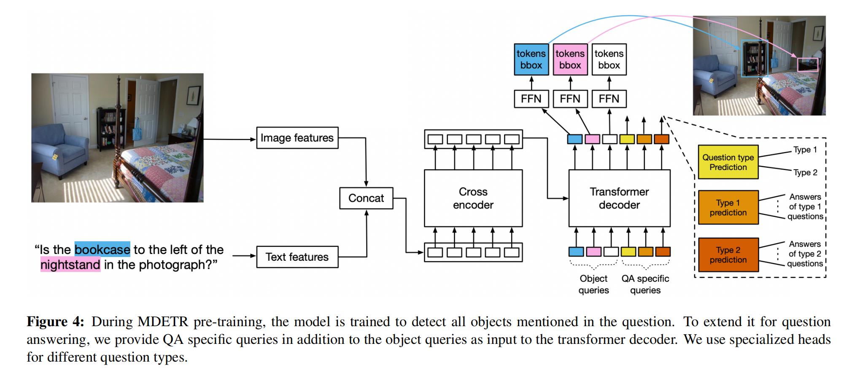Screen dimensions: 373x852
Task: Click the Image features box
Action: pos(297,138)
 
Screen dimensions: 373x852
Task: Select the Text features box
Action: pos(297,257)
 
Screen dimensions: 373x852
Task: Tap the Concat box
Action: pos(366,198)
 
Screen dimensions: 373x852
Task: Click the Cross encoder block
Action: pos(473,198)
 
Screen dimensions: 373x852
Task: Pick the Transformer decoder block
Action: pos(619,198)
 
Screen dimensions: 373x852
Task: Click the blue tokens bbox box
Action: pos(531,59)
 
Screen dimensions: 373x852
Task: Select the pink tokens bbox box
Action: pos(570,59)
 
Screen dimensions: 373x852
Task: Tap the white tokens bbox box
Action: pos(609,59)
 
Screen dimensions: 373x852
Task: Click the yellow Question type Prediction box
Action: pos(728,162)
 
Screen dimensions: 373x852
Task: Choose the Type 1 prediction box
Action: pos(728,208)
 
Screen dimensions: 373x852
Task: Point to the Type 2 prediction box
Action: pos(728,255)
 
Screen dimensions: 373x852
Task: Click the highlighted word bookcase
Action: pos(102,249)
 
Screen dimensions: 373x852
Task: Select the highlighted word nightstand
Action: pos(70,265)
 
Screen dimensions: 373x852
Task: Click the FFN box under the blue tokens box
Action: pos(531,99)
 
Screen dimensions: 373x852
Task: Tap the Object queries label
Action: pos(593,284)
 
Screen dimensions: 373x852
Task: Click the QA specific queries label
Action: pos(645,284)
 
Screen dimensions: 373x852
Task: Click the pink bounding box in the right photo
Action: pos(807,65)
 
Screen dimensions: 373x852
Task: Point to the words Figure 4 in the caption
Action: pos(55,322)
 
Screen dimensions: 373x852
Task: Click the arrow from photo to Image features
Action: pos(230,139)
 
